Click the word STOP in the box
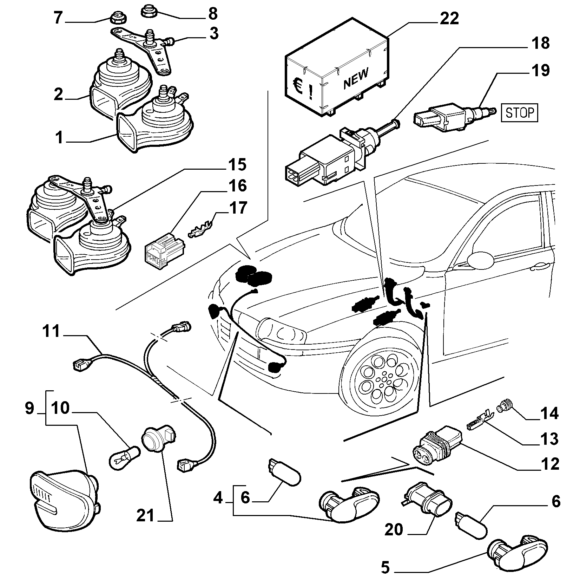[x=519, y=113]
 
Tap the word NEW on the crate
[x=356, y=78]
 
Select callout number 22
[x=449, y=18]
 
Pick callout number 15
[x=237, y=164]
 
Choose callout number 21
[x=145, y=516]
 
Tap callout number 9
[x=29, y=408]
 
